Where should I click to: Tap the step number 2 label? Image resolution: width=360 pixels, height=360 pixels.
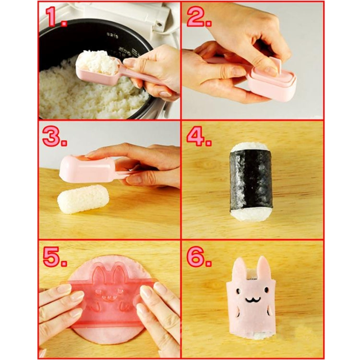pos(199,17)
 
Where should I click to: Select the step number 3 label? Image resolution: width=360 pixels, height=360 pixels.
pos(54,136)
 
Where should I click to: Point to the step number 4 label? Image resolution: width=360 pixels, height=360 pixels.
pos(199,136)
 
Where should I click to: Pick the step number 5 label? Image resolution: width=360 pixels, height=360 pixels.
pos(54,257)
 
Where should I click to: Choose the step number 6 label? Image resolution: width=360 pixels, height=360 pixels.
pos(199,257)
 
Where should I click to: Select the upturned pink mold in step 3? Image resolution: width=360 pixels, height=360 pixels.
pos(86,169)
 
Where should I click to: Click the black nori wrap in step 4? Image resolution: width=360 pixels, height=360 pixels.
pos(251,182)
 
